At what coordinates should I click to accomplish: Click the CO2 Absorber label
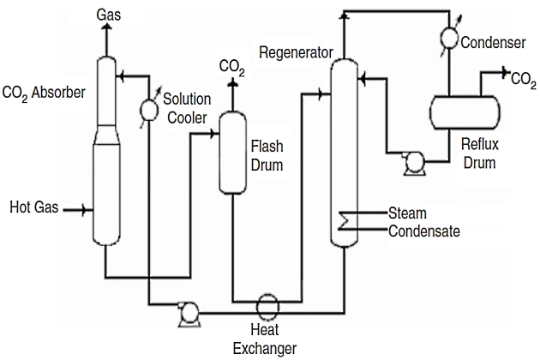44,92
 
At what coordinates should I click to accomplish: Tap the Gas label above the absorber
108,15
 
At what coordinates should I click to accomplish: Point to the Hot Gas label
33,207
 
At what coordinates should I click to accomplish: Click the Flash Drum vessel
231,152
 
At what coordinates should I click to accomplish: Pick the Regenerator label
296,53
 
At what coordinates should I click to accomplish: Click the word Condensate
423,231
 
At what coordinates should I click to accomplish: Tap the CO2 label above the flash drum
230,65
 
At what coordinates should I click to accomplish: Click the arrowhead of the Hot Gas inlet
86,208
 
